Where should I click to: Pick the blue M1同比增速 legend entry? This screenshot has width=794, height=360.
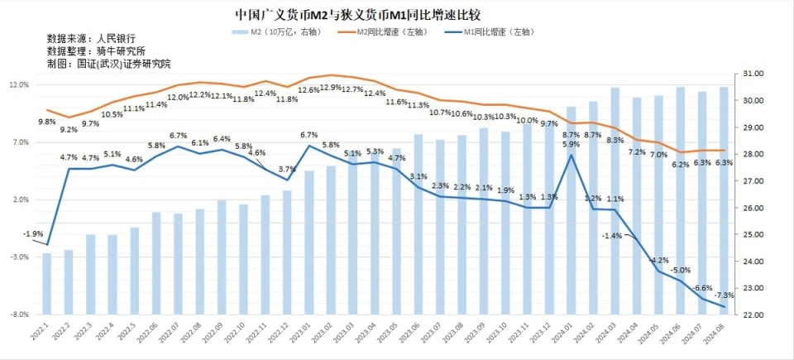click(x=491, y=32)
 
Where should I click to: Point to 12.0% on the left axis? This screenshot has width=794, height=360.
click(x=20, y=85)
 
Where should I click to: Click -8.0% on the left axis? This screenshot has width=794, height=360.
click(x=20, y=315)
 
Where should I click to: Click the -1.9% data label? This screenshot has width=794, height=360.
click(x=33, y=234)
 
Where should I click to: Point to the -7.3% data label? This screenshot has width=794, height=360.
click(x=724, y=295)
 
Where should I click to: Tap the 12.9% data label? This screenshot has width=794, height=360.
click(x=331, y=87)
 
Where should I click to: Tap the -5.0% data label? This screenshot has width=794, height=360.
click(x=681, y=271)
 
